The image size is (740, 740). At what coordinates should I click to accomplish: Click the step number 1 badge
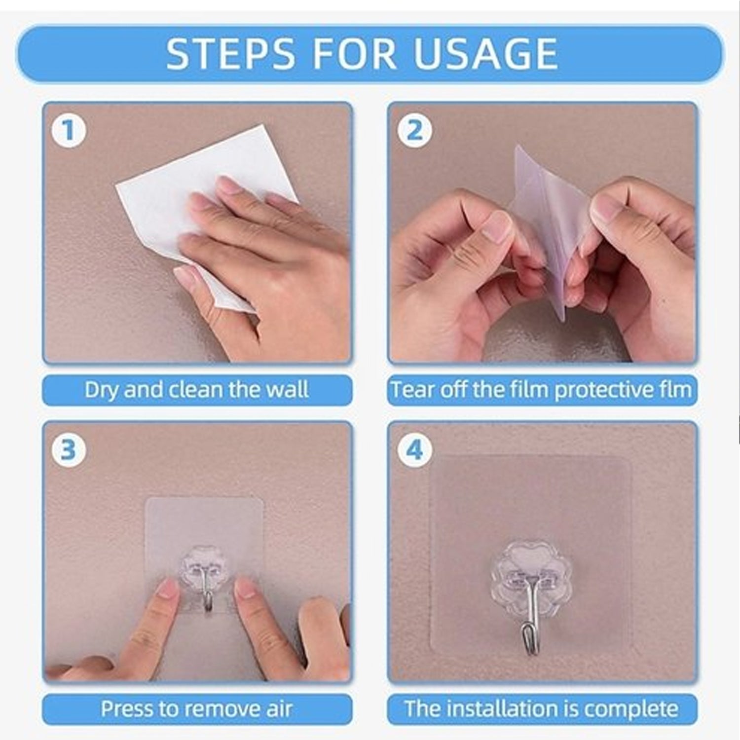[x=69, y=131]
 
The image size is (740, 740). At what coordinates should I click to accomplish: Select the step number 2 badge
[x=414, y=131]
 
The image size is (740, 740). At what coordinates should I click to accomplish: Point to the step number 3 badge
[x=69, y=450]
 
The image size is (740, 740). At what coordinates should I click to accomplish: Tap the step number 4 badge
[x=414, y=450]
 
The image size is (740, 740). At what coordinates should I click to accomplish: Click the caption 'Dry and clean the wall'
[x=197, y=390]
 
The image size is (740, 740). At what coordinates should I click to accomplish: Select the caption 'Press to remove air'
[x=197, y=709]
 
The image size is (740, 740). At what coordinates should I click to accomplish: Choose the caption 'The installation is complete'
[x=542, y=709]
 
